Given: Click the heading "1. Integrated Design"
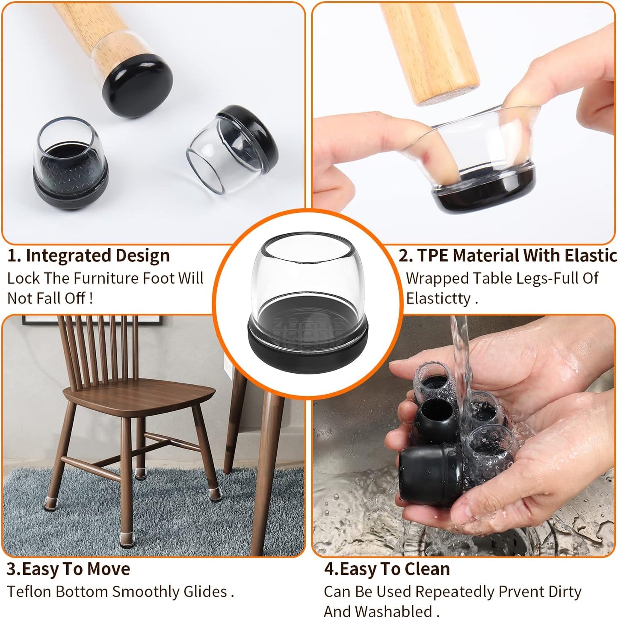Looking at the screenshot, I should (89, 256).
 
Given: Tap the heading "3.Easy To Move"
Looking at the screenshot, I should (68, 569).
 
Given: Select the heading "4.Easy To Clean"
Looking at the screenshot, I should (387, 569).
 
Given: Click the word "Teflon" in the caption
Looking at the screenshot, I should (29, 591).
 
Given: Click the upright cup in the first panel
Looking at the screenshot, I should (71, 165).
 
